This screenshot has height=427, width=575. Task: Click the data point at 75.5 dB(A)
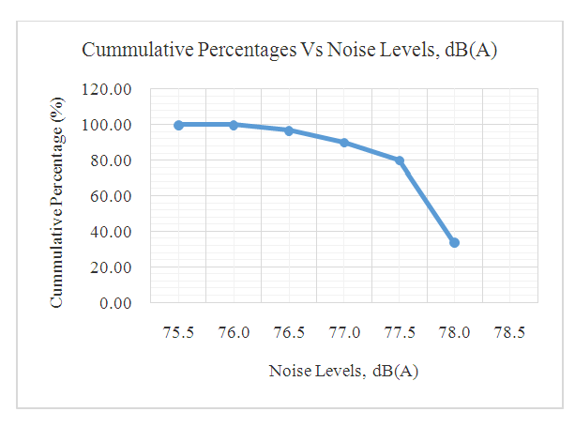(x=178, y=125)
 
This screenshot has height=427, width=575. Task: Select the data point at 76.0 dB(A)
(x=234, y=125)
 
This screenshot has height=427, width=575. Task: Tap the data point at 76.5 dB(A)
(x=289, y=130)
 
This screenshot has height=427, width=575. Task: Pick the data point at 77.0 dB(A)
(x=344, y=143)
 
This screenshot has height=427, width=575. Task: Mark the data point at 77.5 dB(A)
(x=400, y=160)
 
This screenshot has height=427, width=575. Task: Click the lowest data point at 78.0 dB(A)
(x=455, y=243)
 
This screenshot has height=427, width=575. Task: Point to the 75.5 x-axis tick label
(x=178, y=333)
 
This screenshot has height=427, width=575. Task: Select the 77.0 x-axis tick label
(x=344, y=333)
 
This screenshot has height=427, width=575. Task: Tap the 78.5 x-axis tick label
(x=510, y=333)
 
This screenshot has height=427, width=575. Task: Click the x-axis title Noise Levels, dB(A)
(x=343, y=371)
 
